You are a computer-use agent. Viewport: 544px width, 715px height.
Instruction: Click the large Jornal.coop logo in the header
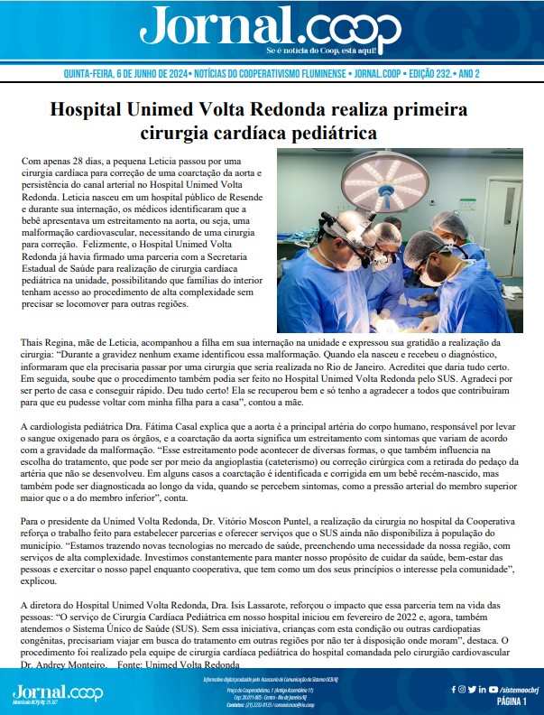tap(271, 27)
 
